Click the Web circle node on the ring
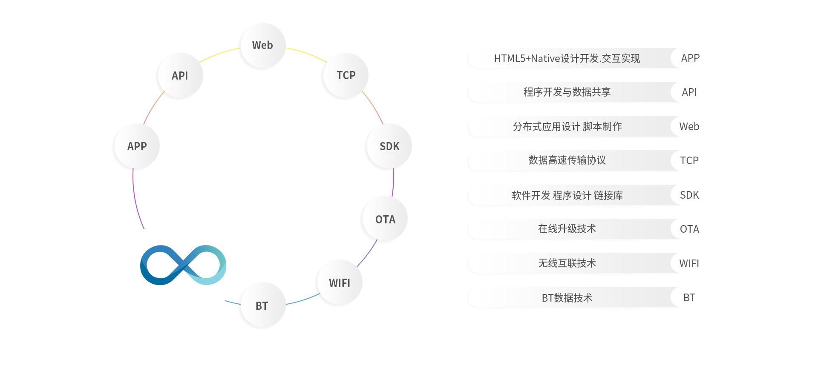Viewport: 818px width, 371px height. (x=263, y=46)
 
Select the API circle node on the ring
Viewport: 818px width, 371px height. (x=180, y=76)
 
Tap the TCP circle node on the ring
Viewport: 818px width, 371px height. (x=346, y=75)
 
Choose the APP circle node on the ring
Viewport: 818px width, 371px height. (x=137, y=146)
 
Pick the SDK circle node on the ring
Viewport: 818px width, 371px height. (x=389, y=146)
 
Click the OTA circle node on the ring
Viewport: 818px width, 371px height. (x=385, y=219)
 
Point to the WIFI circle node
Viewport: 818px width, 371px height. (x=340, y=283)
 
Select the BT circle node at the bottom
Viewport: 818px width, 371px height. (x=262, y=305)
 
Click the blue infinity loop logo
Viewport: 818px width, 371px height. (x=183, y=265)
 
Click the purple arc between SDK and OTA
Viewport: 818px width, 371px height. (x=393, y=182)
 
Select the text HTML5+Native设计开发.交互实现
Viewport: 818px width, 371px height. (x=567, y=58)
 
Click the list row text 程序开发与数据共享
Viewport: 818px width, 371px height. (x=567, y=92)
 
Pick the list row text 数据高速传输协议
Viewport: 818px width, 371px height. (x=567, y=160)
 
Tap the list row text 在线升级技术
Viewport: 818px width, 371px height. (x=567, y=229)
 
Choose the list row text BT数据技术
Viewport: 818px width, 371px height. (x=567, y=298)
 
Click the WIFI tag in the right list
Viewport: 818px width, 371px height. (x=689, y=264)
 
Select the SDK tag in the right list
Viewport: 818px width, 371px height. (x=689, y=195)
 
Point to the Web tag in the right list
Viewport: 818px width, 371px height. (x=689, y=127)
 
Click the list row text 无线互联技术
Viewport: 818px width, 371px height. (x=567, y=263)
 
